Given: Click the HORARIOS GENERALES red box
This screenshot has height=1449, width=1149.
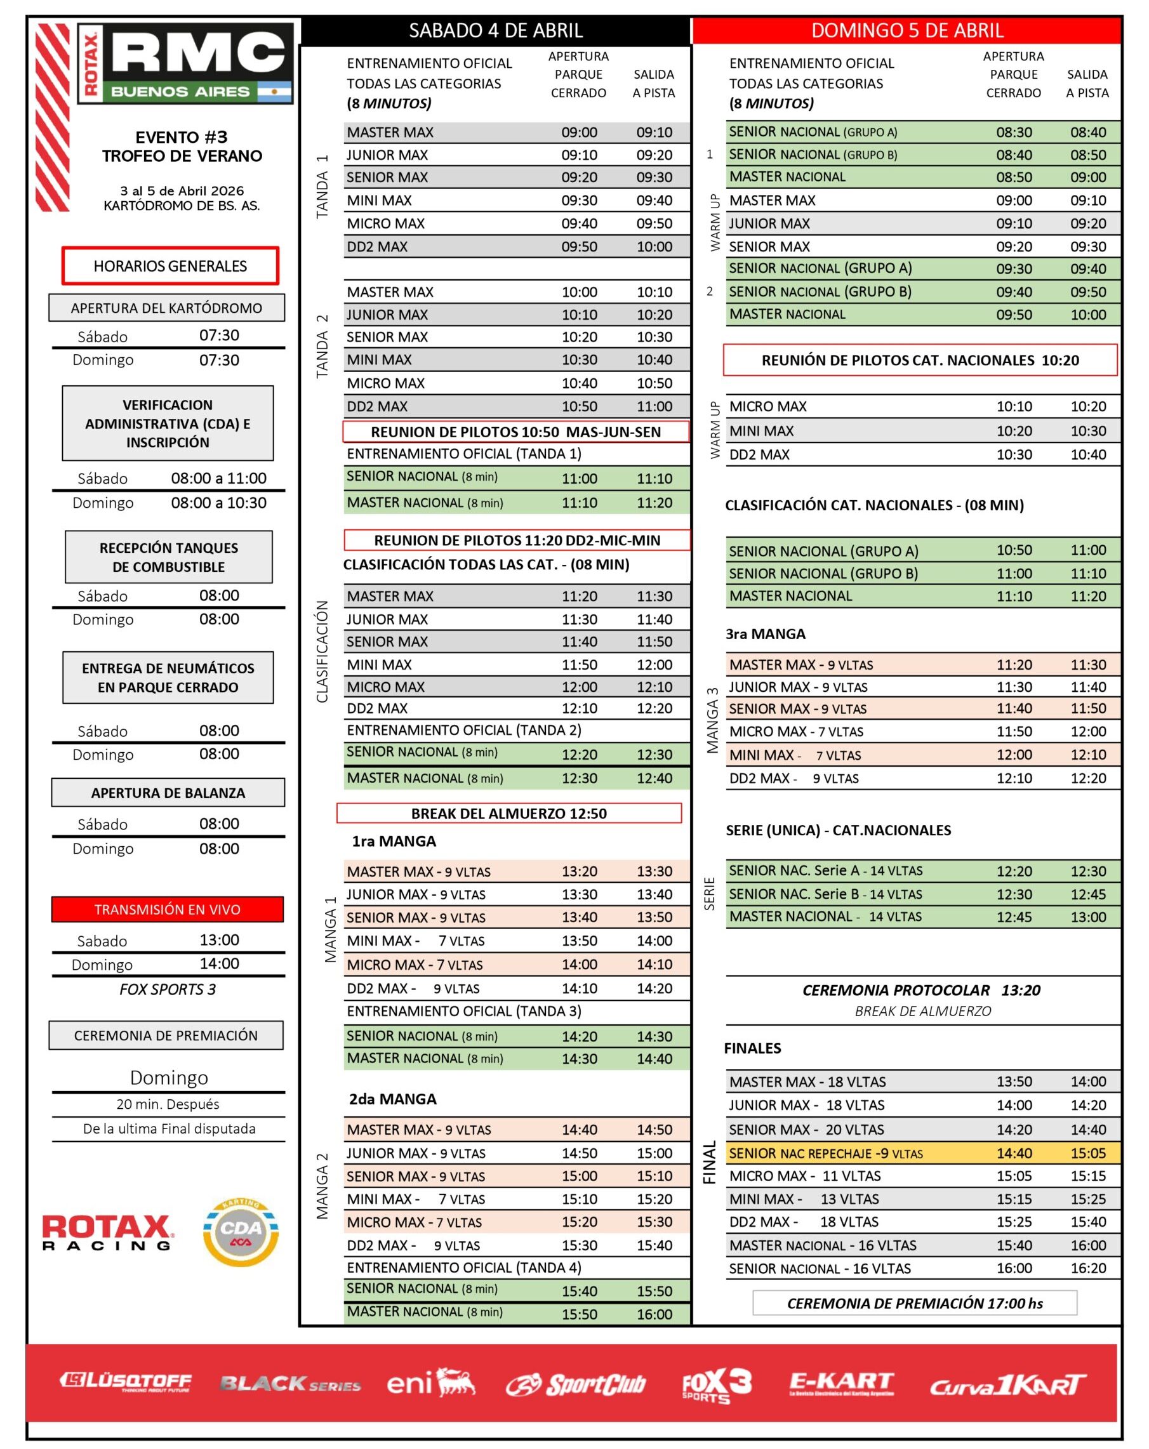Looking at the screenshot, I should [170, 265].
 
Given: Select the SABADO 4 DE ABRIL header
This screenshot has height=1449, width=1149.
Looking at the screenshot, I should [496, 30].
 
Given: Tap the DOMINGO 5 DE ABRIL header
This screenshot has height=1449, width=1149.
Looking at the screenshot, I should [907, 30].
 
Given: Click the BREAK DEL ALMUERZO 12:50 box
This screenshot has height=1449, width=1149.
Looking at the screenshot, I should [509, 812].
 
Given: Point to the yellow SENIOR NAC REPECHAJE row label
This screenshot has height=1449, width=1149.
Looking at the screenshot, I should [826, 1153].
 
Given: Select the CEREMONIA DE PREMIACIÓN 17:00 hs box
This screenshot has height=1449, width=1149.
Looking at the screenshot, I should [914, 1302].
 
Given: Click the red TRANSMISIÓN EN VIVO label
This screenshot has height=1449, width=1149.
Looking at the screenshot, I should [168, 909].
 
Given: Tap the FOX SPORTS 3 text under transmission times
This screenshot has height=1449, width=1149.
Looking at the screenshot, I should [168, 989].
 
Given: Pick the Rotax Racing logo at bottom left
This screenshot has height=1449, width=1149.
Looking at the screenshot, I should [107, 1232].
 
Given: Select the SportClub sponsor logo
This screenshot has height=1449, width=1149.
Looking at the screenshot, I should [576, 1384].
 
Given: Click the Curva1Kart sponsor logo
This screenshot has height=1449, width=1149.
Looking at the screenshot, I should [1006, 1385].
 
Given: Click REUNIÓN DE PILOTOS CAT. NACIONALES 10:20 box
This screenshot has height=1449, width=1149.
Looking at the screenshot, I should [919, 361].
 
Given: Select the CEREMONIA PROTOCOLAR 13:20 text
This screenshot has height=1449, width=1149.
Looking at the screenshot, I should [920, 989].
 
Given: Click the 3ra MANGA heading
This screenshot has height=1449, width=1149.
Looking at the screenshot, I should [765, 634].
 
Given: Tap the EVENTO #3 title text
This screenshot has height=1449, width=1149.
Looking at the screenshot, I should [182, 137].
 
